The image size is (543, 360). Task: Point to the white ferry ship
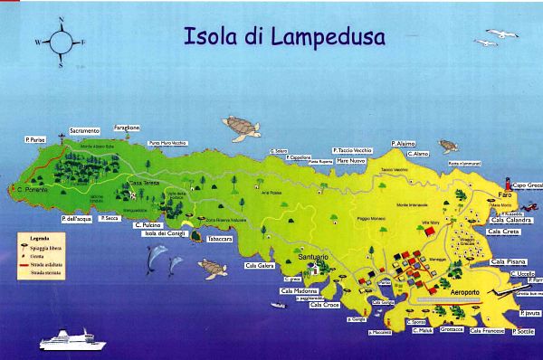pos(73,340)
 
